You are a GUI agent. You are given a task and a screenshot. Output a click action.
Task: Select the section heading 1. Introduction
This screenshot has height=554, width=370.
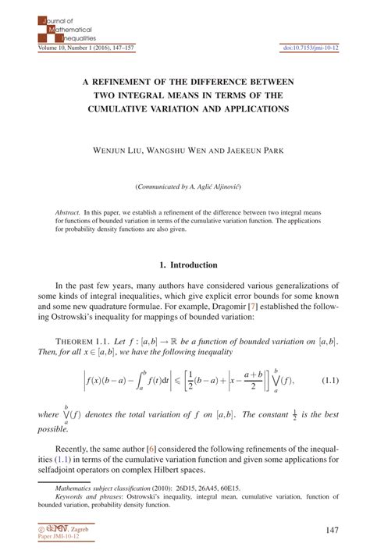tap(184, 265)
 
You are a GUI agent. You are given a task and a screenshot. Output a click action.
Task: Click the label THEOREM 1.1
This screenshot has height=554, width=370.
tap(79, 343)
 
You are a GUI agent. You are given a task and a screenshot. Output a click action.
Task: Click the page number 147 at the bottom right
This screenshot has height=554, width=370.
tap(333, 530)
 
